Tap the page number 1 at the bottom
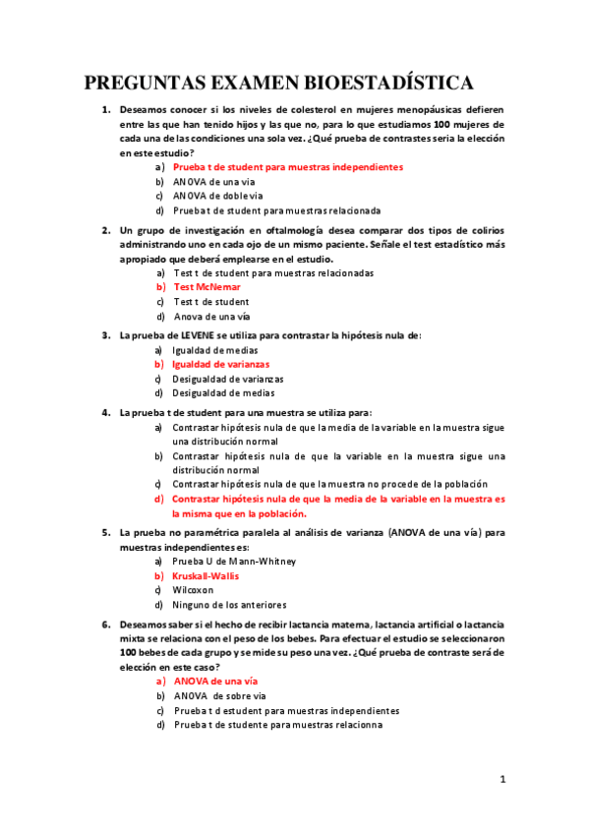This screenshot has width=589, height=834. tap(502, 780)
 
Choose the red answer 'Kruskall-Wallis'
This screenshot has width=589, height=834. tap(206, 575)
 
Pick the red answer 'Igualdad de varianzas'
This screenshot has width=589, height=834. tap(220, 364)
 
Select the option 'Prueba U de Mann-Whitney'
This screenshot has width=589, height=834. tap(234, 561)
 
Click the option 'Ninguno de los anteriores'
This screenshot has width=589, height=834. tap(229, 604)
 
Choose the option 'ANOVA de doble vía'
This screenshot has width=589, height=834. tap(218, 196)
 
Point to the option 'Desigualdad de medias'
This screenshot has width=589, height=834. tap(223, 392)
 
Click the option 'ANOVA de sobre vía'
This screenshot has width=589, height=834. tap(220, 695)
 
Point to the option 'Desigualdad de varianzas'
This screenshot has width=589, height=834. tap(228, 379)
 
